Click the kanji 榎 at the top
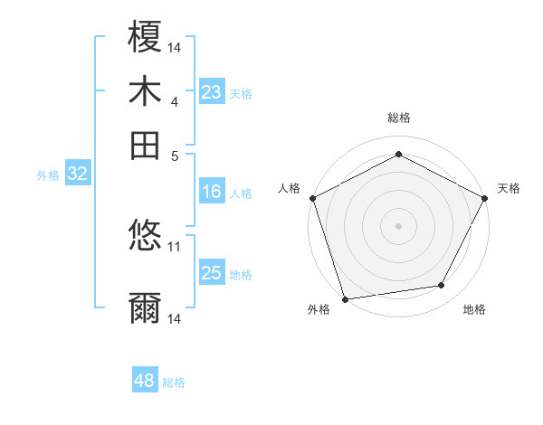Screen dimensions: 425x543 [146, 37]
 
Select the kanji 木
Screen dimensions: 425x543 [146, 91]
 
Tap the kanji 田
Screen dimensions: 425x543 [146, 146]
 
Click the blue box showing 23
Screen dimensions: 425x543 [212, 92]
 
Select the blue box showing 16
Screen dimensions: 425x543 [212, 192]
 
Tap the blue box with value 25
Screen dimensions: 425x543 [212, 273]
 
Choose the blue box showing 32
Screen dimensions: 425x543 [77, 175]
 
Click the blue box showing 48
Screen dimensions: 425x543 [145, 381]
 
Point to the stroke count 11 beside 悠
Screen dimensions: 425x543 [175, 245]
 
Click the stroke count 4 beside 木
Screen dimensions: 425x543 [175, 101]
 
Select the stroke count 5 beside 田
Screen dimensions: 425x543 [175, 155]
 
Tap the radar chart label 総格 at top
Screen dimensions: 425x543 [399, 118]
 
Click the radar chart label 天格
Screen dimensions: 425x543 [509, 188]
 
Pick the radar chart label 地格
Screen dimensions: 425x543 [474, 309]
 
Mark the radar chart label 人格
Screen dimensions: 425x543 [290, 188]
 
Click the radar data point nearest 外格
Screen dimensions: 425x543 [345, 299]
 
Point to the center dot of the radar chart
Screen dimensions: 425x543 [399, 225]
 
